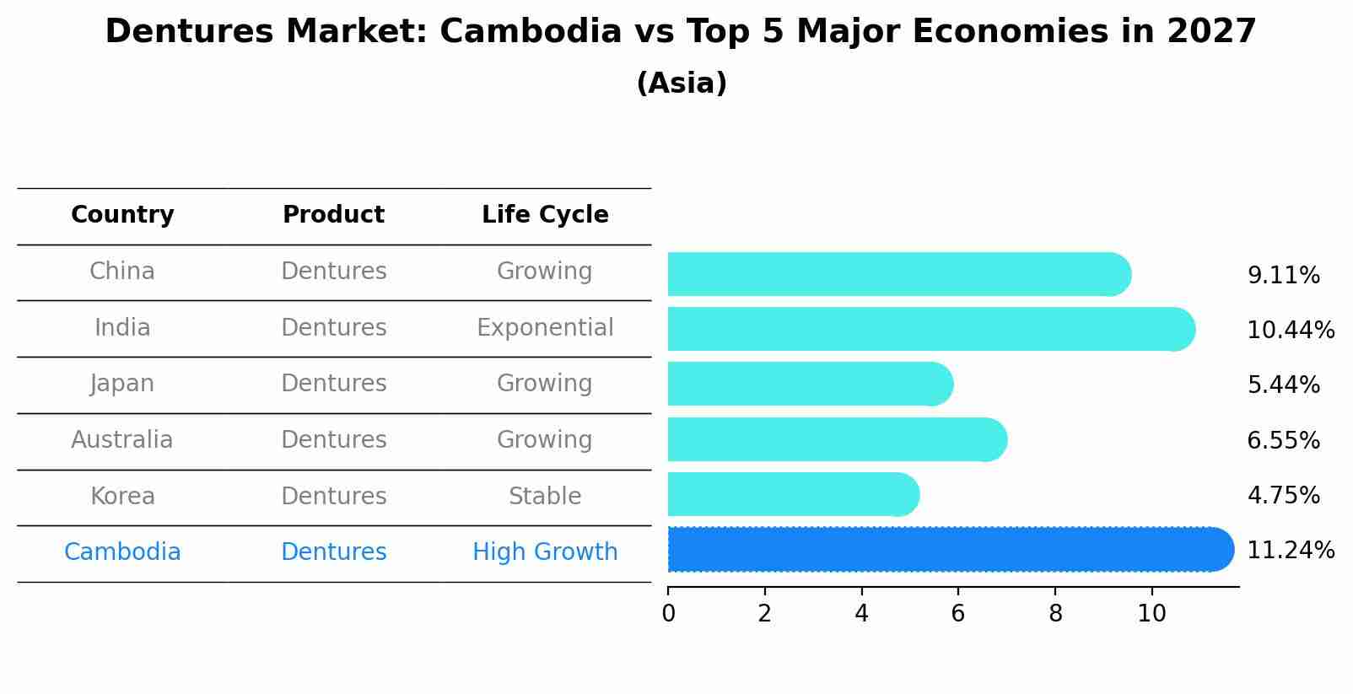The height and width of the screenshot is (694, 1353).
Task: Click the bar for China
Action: click(x=898, y=274)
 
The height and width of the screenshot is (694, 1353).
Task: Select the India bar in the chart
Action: click(x=930, y=329)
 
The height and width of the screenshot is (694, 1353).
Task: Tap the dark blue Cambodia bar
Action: click(x=950, y=550)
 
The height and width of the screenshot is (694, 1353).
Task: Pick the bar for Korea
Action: click(x=793, y=494)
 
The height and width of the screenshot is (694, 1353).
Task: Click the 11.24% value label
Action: click(x=1290, y=551)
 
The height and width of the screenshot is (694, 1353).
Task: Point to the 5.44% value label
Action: click(x=1283, y=385)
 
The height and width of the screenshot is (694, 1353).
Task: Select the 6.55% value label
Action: click(x=1283, y=440)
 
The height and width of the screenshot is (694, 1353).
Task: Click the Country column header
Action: click(x=122, y=215)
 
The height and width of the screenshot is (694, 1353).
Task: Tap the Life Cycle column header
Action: click(x=545, y=215)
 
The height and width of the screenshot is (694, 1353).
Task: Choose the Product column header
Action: click(x=333, y=215)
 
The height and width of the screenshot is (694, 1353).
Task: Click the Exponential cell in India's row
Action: click(x=545, y=328)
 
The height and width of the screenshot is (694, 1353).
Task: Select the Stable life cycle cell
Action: click(x=545, y=497)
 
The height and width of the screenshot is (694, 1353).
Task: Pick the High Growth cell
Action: click(x=545, y=552)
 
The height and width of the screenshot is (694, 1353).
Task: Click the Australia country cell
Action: click(x=122, y=440)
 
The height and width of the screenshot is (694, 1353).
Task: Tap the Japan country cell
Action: click(x=122, y=384)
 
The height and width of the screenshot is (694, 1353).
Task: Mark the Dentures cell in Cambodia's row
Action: click(x=333, y=552)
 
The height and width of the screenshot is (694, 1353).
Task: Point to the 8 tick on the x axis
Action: click(x=1055, y=614)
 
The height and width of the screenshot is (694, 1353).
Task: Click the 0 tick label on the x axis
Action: click(x=668, y=614)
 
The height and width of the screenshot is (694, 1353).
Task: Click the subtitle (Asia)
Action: click(x=682, y=83)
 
